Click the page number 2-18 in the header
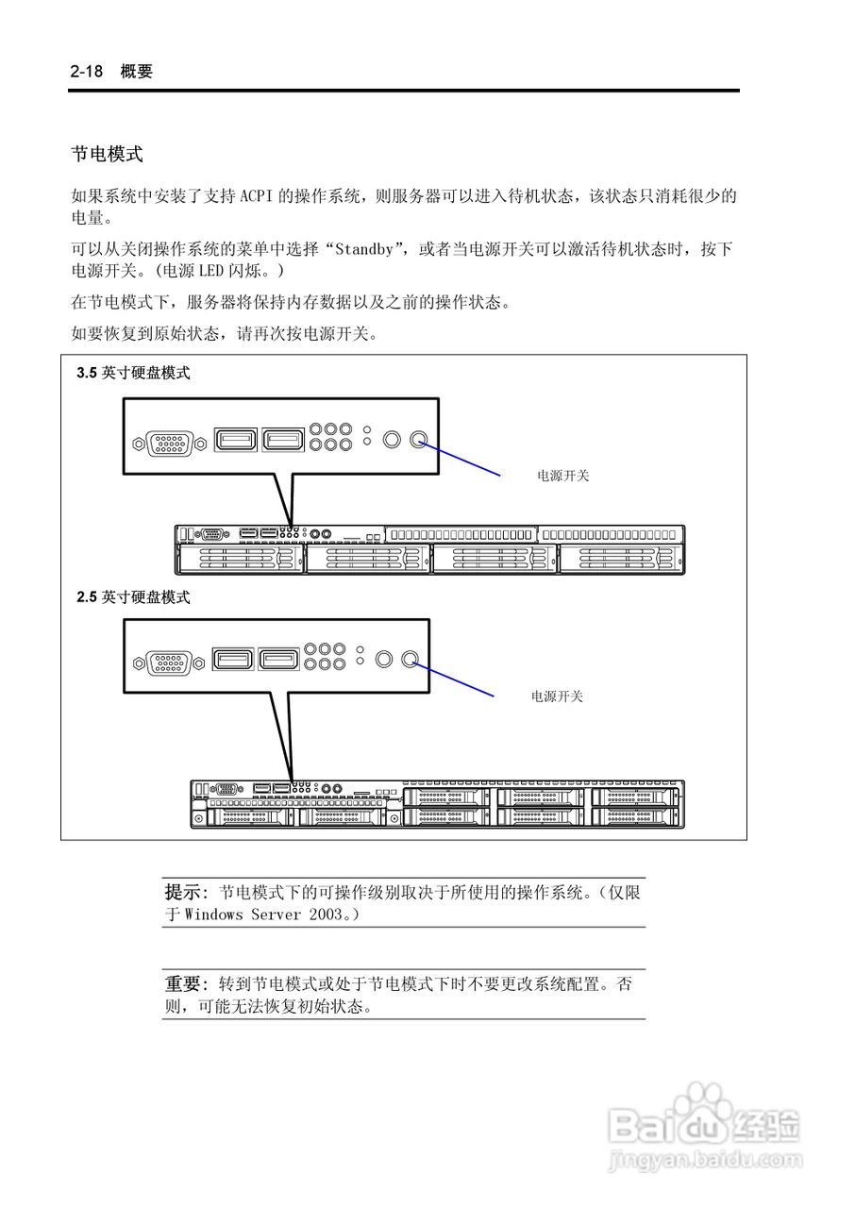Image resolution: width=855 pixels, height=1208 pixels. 88,72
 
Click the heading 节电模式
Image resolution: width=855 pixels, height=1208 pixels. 107,153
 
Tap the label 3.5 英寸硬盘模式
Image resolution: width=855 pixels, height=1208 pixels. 133,373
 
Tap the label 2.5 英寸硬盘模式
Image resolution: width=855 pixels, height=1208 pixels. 133,597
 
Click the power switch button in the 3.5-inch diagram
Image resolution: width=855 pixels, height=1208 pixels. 419,439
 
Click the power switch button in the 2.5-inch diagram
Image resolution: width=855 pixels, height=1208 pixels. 409,659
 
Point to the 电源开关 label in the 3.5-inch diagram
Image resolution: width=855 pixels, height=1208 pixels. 562,476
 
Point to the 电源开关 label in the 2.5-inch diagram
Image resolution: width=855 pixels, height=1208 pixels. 557,696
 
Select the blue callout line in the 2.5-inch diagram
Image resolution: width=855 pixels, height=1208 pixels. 452,678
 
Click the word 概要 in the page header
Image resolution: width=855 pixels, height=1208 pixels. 137,72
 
